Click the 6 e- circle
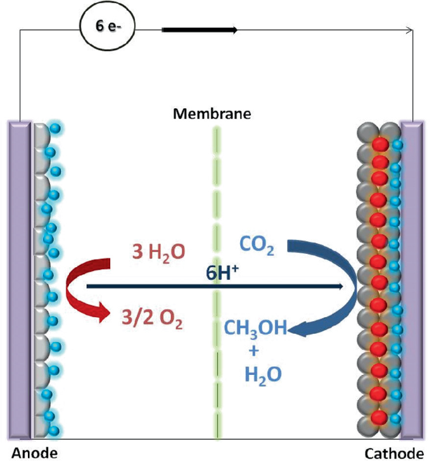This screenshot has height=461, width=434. (x=107, y=30)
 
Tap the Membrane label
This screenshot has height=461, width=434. (x=212, y=115)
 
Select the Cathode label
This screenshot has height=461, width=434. (x=395, y=452)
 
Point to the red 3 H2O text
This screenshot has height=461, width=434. (x=158, y=251)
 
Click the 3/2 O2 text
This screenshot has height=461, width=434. (x=152, y=317)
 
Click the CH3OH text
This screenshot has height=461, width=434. (x=255, y=328)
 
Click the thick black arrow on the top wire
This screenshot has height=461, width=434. (x=200, y=30)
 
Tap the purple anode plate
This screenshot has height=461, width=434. (x=18, y=279)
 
